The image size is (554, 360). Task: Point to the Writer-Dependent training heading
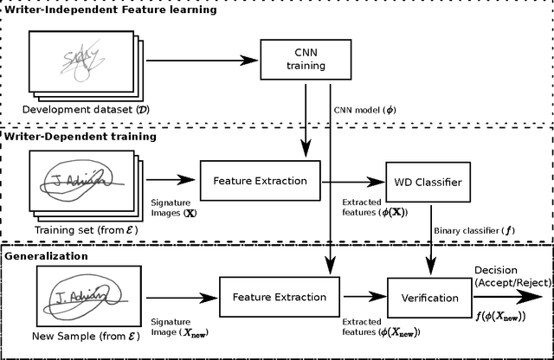(81, 136)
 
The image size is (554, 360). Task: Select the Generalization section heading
(47, 256)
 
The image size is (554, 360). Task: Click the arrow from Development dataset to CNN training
(203, 61)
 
